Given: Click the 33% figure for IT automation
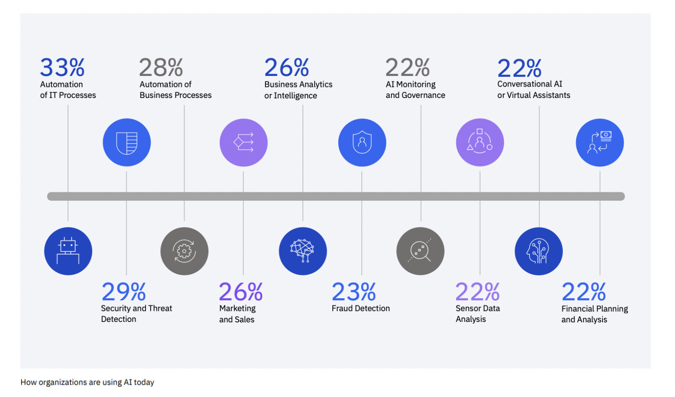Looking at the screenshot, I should [x=62, y=68].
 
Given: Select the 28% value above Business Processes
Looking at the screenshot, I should [x=161, y=68].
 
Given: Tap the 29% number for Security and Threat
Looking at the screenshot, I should [x=123, y=292].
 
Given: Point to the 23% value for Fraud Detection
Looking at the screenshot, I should [x=354, y=292].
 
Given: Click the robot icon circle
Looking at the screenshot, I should [x=68, y=251].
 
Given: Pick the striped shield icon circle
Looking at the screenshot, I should [x=127, y=142].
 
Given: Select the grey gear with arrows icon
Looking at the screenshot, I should [x=184, y=251].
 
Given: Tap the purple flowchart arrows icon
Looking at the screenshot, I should [x=243, y=142].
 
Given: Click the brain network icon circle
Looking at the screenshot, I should [x=303, y=251].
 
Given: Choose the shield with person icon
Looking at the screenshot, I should [x=362, y=142].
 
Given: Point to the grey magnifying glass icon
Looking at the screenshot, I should [x=420, y=251].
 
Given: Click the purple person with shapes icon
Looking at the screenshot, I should [x=480, y=142].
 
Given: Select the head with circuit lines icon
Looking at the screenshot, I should [x=538, y=251].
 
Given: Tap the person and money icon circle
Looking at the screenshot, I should [x=599, y=142].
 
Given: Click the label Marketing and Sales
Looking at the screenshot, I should [x=237, y=314].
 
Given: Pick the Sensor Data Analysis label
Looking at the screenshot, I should [x=478, y=314].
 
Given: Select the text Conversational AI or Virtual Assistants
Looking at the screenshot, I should [x=533, y=90].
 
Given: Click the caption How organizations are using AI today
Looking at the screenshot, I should [x=87, y=382].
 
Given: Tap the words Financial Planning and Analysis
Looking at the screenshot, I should [x=595, y=314].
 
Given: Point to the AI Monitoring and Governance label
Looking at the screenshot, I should [x=415, y=90].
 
